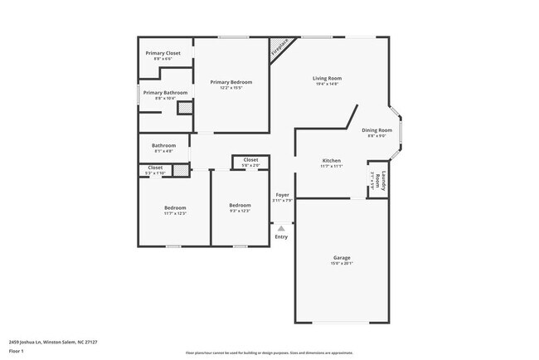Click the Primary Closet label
(163, 53)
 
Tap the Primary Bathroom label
(165, 93)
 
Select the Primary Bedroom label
(231, 82)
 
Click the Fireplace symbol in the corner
(281, 49)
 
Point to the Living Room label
(327, 78)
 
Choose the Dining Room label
(376, 130)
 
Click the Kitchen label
(332, 161)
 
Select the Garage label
(342, 258)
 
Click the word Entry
(282, 236)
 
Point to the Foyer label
(282, 195)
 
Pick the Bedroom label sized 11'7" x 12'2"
(174, 207)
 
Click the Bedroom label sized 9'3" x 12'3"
(240, 205)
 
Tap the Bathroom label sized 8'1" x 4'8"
(163, 146)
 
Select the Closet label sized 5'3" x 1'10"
(155, 168)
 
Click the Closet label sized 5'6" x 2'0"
(250, 160)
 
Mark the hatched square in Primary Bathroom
(185, 108)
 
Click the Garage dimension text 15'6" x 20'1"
(342, 264)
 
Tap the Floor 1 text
(17, 348)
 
